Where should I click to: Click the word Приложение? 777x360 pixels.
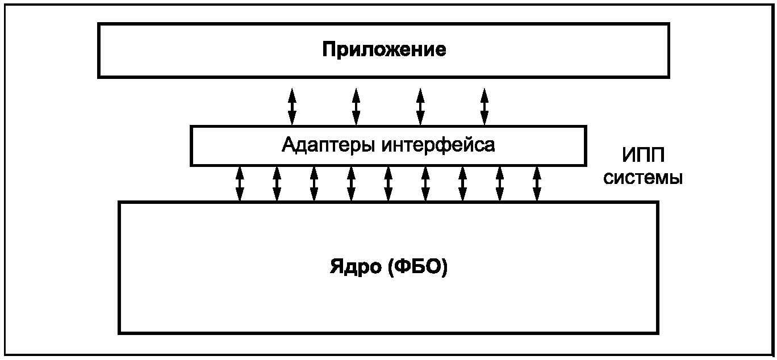pyautogui.click(x=384, y=50)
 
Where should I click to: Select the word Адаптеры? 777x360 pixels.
pyautogui.click(x=329, y=145)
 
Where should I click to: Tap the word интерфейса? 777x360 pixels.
pyautogui.click(x=438, y=145)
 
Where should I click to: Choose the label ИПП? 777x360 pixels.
pyautogui.click(x=643, y=155)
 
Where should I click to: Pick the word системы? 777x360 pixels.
pyautogui.click(x=643, y=178)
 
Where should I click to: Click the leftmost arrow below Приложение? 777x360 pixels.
pyautogui.click(x=292, y=106)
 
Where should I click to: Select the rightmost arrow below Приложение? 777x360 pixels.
pyautogui.click(x=484, y=106)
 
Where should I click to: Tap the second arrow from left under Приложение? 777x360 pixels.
pyautogui.click(x=356, y=106)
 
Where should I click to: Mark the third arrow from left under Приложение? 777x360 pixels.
pyautogui.click(x=420, y=106)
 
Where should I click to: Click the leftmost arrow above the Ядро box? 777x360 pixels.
pyautogui.click(x=240, y=183)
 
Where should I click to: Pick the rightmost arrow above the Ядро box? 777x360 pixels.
pyautogui.click(x=537, y=183)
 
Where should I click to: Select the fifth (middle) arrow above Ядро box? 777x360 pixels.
pyautogui.click(x=389, y=183)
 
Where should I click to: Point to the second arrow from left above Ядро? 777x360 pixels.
pyautogui.click(x=277, y=183)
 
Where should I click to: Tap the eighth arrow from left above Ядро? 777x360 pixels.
pyautogui.click(x=500, y=183)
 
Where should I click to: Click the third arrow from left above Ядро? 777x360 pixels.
pyautogui.click(x=314, y=183)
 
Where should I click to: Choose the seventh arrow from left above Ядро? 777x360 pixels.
pyautogui.click(x=463, y=183)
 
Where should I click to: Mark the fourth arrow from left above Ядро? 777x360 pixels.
pyautogui.click(x=351, y=183)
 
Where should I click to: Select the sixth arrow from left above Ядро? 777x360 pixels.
pyautogui.click(x=425, y=183)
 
